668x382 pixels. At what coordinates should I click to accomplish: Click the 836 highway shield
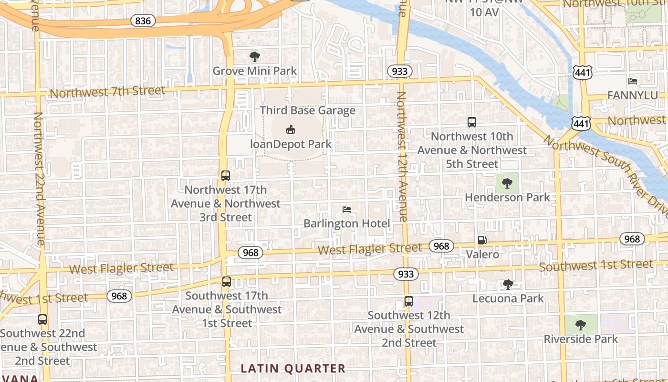143,21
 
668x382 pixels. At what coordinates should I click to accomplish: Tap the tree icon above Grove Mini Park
255,57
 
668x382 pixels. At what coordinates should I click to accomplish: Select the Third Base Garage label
308,110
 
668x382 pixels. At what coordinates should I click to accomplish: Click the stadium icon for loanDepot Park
290,129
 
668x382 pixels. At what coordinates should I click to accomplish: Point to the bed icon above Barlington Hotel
347,209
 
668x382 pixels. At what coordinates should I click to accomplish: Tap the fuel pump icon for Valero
482,240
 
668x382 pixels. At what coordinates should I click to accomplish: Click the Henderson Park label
507,197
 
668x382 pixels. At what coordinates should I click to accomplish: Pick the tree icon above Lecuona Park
508,285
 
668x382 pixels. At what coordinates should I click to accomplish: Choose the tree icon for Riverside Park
581,325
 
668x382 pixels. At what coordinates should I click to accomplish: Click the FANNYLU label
632,95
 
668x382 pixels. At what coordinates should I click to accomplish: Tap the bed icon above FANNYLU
633,81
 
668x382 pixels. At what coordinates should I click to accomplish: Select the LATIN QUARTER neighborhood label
293,368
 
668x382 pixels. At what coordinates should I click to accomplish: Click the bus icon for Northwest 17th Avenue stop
226,175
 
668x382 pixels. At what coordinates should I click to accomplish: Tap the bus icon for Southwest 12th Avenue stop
408,301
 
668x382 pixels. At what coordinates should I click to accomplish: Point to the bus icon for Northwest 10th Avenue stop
472,122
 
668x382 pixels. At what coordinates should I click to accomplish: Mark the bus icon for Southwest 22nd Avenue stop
42,319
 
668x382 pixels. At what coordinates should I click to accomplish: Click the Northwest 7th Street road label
108,91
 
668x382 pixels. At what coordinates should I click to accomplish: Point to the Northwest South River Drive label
606,172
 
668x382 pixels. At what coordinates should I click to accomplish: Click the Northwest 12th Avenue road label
401,157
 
